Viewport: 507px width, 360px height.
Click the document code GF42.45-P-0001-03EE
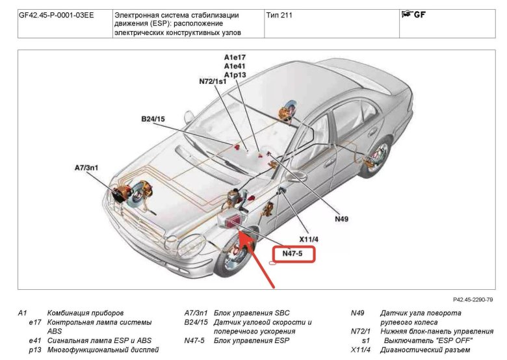(57, 14)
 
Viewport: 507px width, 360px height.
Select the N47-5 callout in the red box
(292, 253)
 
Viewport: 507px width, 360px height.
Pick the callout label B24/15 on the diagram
(153, 119)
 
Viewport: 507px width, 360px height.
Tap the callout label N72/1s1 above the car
(213, 82)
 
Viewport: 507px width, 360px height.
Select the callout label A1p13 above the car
(235, 75)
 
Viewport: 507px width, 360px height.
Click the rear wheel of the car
(373, 159)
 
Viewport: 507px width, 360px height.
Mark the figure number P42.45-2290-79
(468, 300)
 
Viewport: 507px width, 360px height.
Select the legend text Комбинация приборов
(85, 313)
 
